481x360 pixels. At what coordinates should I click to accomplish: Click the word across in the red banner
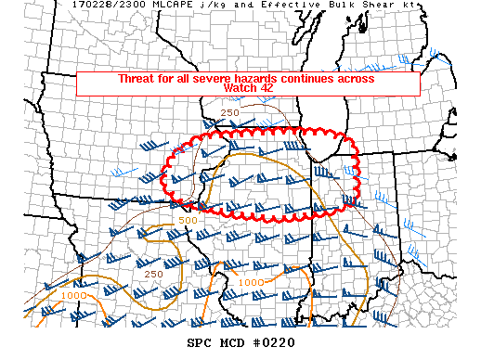tap(358, 79)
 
